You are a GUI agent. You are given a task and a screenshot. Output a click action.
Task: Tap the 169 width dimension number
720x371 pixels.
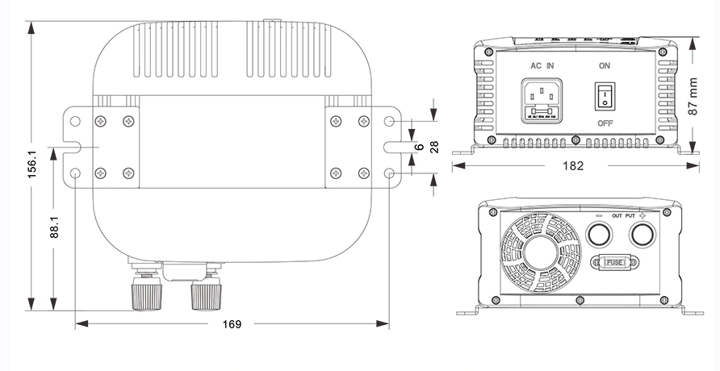pos(232,324)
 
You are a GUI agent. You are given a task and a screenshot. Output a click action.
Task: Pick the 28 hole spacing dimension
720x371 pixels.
pos(433,147)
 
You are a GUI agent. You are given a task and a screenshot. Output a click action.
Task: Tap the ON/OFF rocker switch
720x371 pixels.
pos(605,96)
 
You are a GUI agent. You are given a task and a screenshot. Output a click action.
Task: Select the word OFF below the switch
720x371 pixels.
pos(605,123)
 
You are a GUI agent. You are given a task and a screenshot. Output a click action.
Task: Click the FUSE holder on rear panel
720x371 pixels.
pos(614,262)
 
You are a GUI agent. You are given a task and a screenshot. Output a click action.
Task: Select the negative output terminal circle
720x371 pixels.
pos(598,235)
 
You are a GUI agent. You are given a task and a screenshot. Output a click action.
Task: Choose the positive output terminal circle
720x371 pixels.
pos(642,235)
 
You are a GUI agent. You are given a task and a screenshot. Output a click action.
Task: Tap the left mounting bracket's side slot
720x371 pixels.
pos(69,147)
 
